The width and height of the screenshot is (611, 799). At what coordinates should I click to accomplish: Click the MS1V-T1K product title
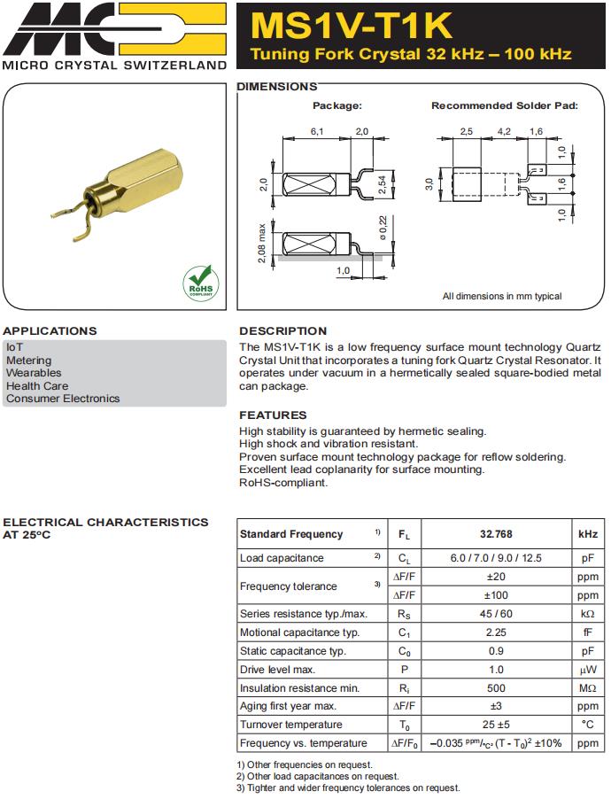352,24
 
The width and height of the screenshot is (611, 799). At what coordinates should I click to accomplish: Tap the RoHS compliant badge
199,282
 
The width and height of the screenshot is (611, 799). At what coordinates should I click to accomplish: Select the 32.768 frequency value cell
496,534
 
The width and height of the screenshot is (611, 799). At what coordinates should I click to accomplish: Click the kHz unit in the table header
587,534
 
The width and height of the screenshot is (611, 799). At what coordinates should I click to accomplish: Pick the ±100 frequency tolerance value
496,595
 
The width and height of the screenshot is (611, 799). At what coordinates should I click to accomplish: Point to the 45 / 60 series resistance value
496,614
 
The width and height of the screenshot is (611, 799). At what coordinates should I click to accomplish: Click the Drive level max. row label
277,670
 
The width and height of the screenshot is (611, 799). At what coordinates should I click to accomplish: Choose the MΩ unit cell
587,688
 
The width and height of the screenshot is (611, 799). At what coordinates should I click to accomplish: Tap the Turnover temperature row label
290,725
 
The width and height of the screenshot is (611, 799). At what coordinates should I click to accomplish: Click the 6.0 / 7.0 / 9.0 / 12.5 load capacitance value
496,558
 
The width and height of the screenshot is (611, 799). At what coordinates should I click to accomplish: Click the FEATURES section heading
273,415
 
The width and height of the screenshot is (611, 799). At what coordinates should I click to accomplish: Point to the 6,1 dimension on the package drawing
316,131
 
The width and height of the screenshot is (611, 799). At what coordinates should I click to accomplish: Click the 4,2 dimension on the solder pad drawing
504,131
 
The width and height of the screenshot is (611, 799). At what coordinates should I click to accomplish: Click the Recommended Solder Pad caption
504,105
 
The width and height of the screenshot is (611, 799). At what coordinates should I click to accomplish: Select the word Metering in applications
28,361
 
